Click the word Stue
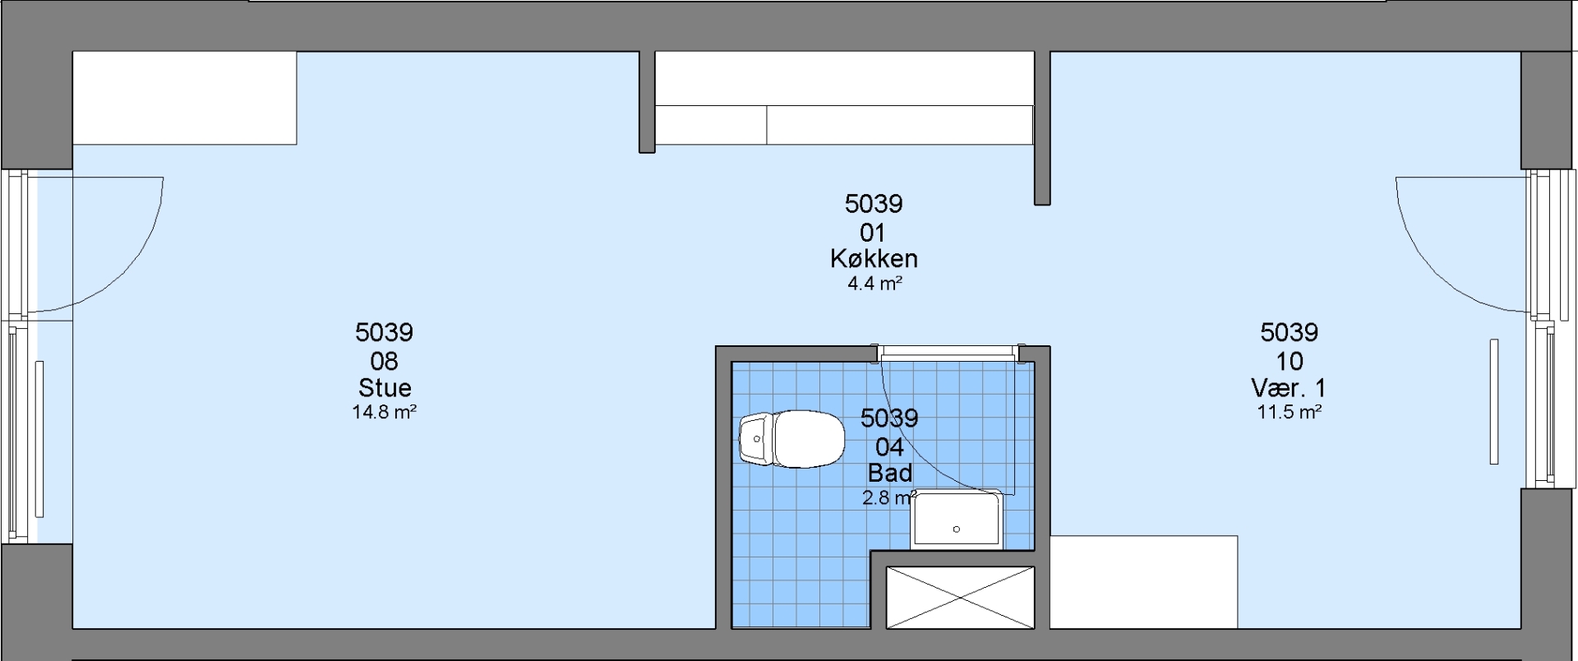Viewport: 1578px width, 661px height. pyautogui.click(x=385, y=387)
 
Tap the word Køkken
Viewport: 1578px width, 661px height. pyautogui.click(x=874, y=259)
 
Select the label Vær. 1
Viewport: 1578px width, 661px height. pyautogui.click(x=1289, y=387)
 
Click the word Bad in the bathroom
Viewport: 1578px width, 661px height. pyautogui.click(x=890, y=473)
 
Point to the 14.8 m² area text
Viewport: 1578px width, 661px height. pyautogui.click(x=385, y=412)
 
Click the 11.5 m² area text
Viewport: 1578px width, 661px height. pyautogui.click(x=1289, y=412)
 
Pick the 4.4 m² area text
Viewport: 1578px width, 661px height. pyautogui.click(x=875, y=284)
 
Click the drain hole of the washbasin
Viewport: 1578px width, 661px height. pyautogui.click(x=957, y=529)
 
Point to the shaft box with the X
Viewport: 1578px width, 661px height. pyautogui.click(x=958, y=598)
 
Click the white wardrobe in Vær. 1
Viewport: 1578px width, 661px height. pyautogui.click(x=1143, y=582)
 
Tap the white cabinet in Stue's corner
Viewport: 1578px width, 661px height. pyautogui.click(x=185, y=98)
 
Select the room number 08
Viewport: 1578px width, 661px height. pyautogui.click(x=385, y=360)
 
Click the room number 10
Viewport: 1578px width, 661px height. pyautogui.click(x=1289, y=360)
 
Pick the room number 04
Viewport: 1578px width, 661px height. pyautogui.click(x=890, y=446)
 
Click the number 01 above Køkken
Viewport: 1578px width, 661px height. pyautogui.click(x=874, y=232)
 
